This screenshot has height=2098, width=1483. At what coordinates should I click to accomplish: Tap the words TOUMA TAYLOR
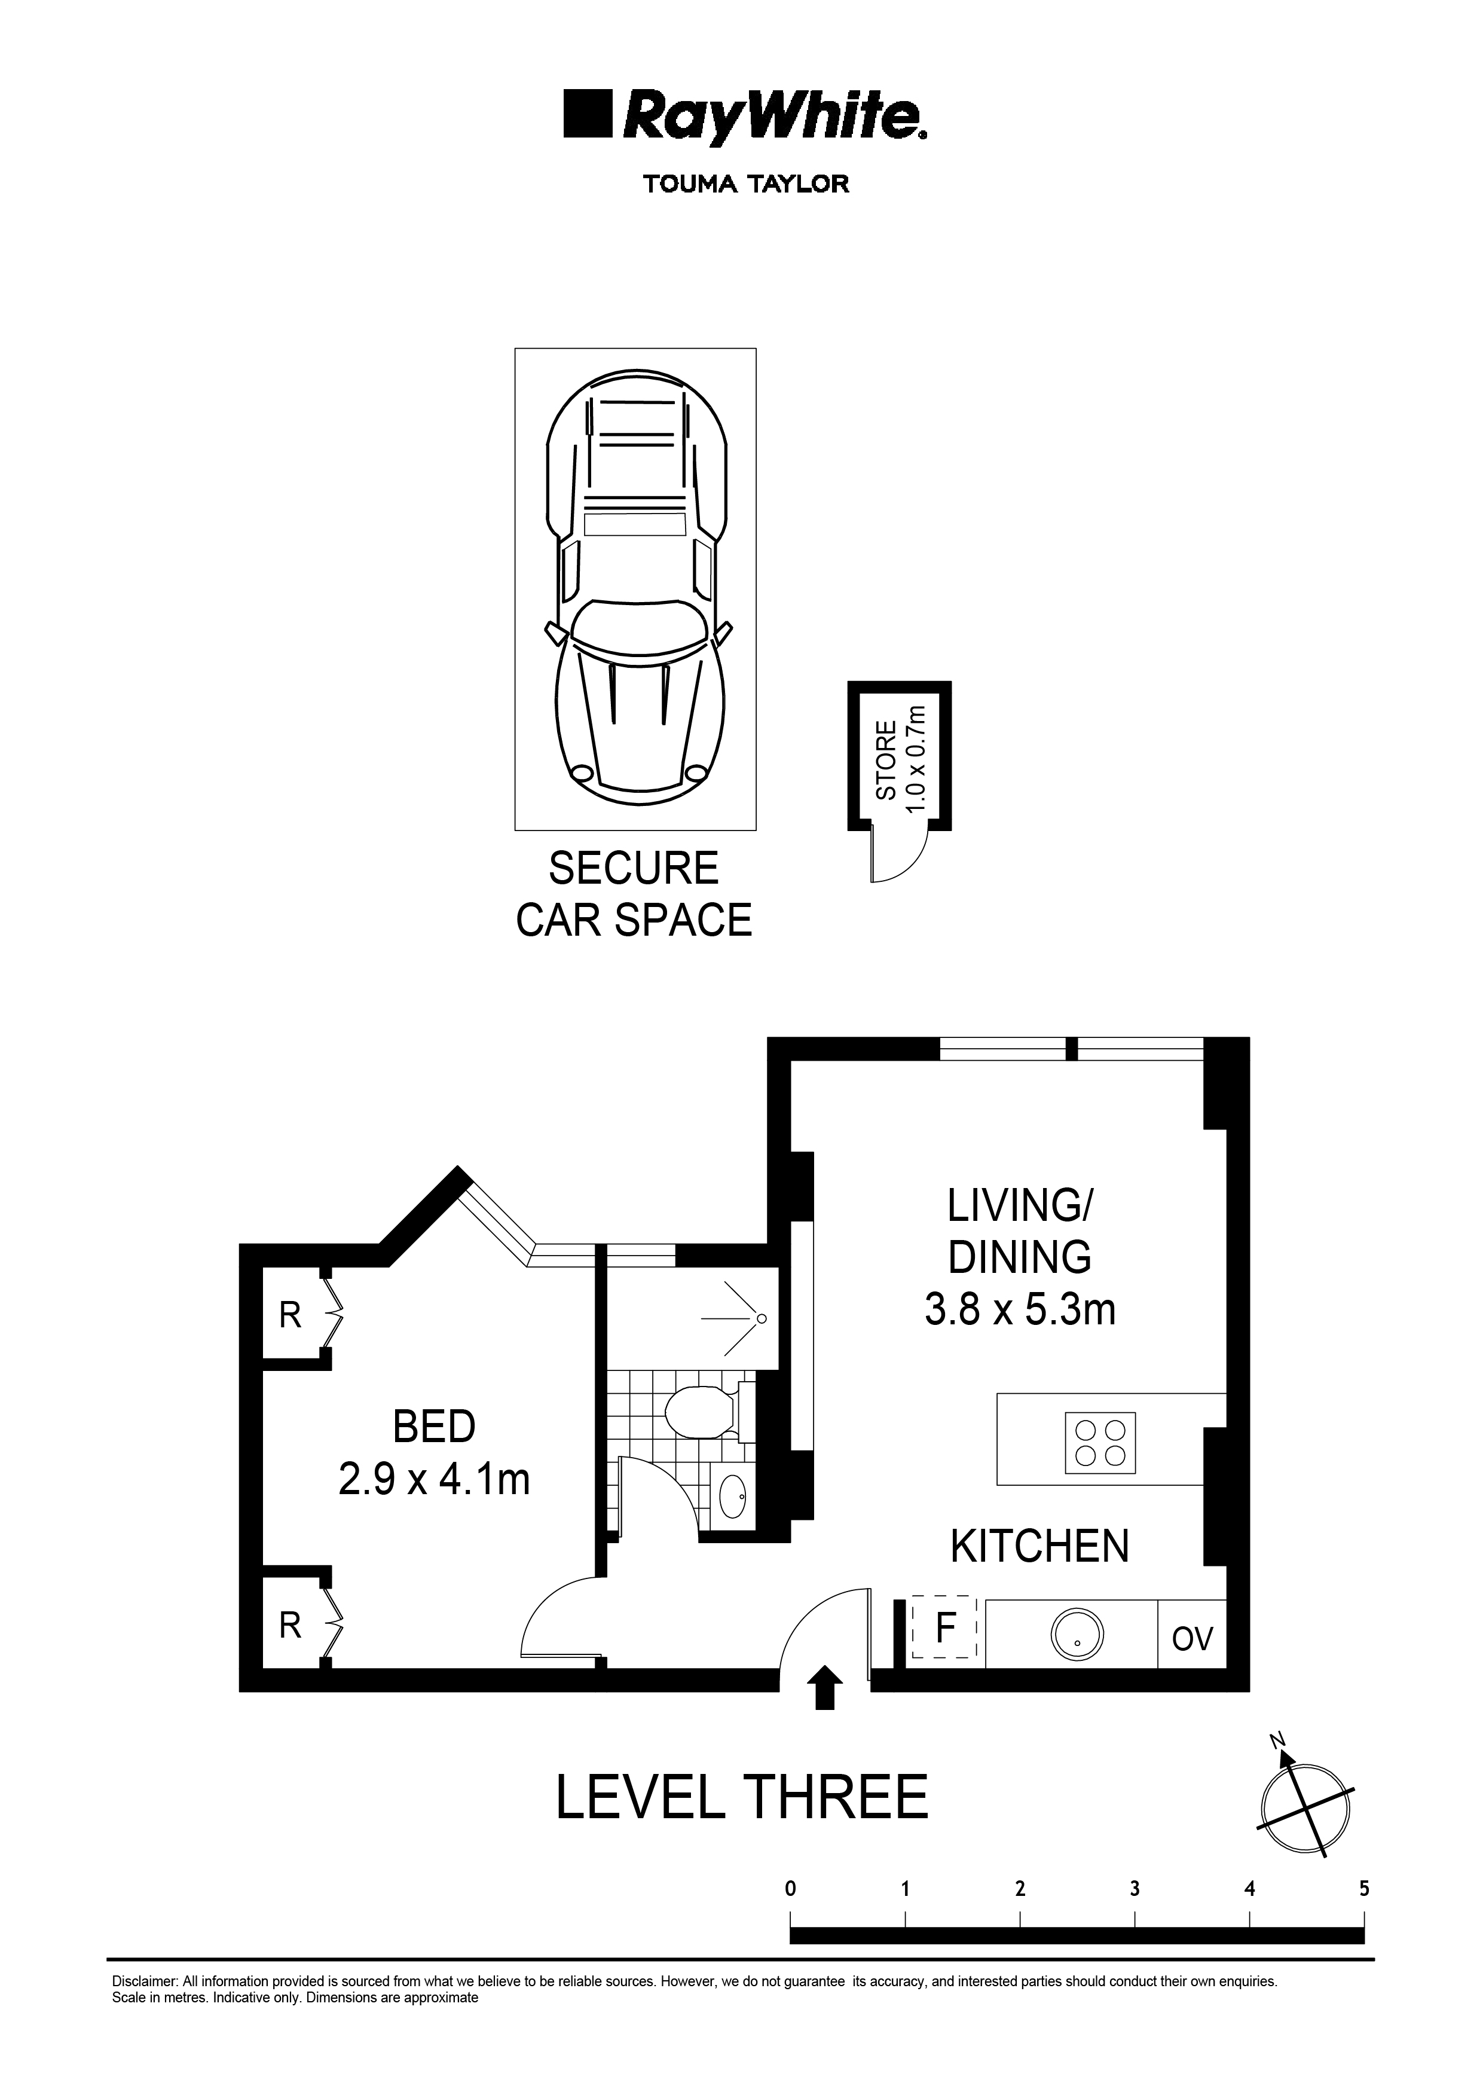click(x=745, y=184)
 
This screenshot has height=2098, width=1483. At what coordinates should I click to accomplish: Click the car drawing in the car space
click(x=637, y=590)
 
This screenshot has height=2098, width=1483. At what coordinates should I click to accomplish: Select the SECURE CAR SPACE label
click(x=634, y=894)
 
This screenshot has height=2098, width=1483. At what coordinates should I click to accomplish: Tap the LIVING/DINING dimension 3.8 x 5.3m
click(x=1020, y=1309)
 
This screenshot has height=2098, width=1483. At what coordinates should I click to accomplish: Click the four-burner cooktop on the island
click(x=1100, y=1443)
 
